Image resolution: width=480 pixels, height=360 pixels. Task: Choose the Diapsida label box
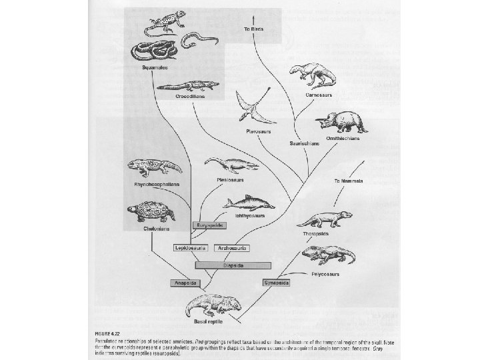coord(228,265)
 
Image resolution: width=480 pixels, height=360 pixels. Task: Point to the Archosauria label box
coord(231,247)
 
